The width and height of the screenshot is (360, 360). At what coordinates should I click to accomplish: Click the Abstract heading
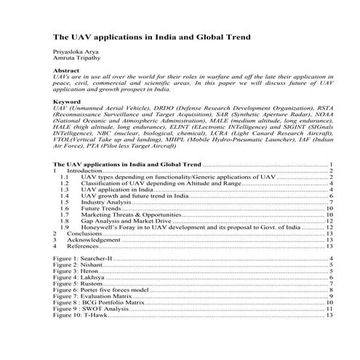[68, 71]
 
